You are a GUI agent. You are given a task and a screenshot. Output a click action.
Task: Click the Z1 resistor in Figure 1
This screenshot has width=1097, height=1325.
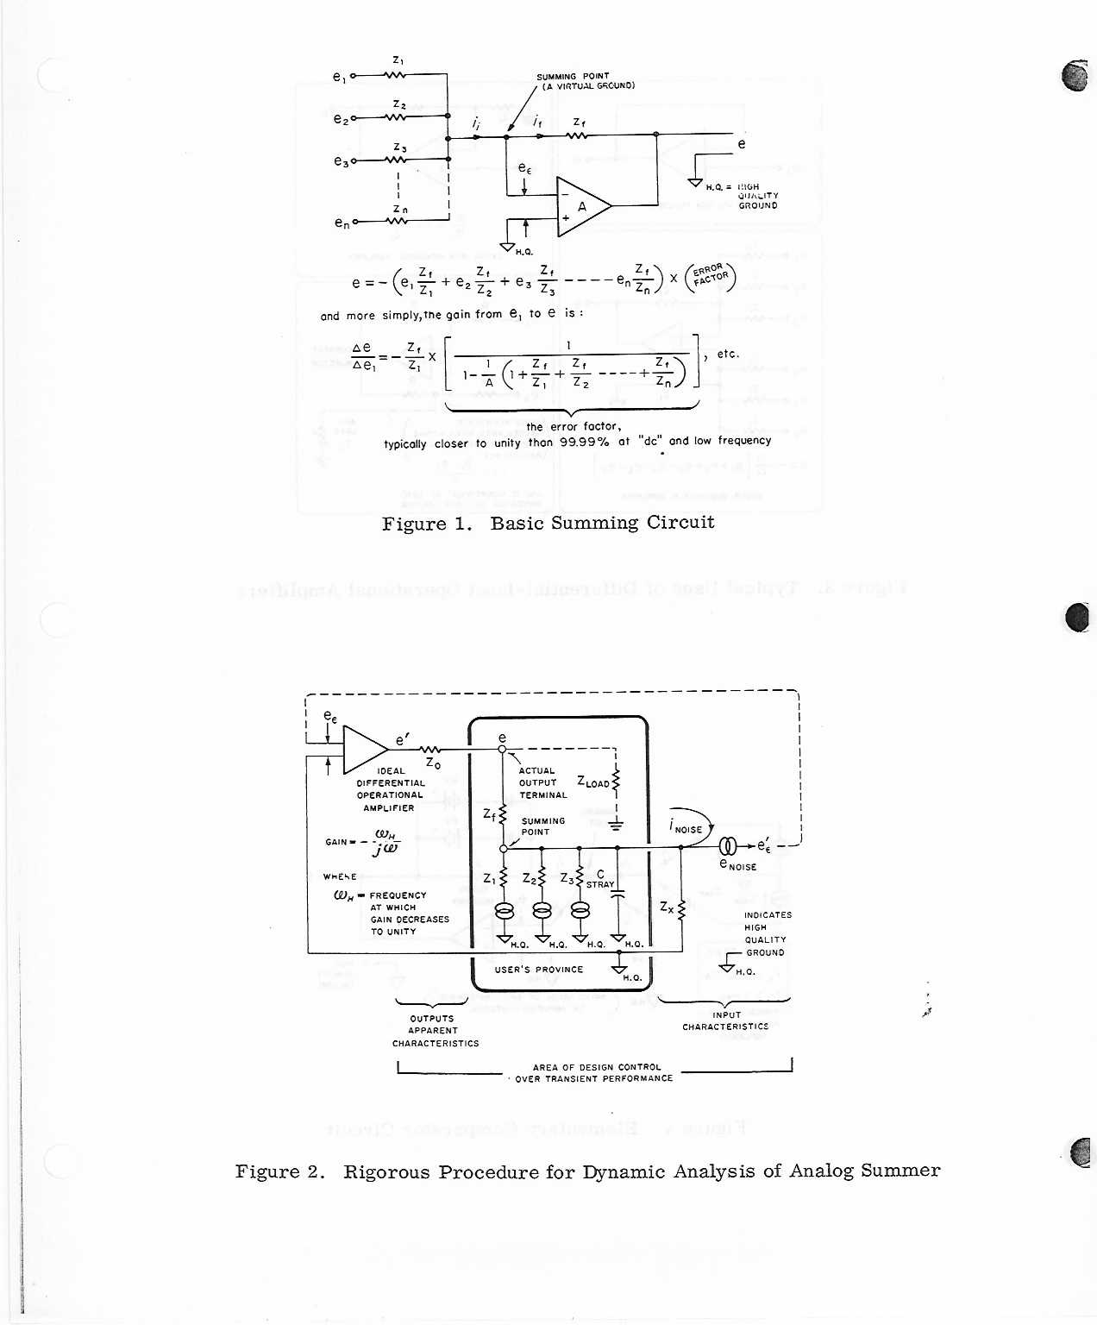tap(396, 75)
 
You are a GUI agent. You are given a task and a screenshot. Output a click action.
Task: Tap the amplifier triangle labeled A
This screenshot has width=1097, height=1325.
tap(582, 206)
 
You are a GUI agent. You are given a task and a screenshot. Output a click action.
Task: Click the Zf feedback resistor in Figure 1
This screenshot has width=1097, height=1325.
tap(578, 135)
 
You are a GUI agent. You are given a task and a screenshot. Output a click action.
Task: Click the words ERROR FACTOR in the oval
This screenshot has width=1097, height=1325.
tap(711, 276)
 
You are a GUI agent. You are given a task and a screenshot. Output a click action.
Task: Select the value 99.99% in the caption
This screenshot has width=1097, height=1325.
tap(584, 441)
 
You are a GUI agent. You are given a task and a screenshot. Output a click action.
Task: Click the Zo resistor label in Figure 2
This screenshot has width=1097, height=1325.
tap(433, 763)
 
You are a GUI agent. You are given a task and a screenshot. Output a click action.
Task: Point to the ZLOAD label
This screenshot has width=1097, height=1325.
tap(593, 782)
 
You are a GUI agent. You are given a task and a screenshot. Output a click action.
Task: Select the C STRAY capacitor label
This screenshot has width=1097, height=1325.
tap(600, 879)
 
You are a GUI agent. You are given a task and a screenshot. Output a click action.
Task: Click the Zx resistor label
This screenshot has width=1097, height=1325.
tap(667, 907)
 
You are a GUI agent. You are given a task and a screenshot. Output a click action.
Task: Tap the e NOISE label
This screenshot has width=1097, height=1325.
tap(738, 864)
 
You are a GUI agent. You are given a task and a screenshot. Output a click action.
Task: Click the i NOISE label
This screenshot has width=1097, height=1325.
tap(686, 827)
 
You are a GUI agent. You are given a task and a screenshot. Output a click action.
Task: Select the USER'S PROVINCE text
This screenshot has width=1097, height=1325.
tap(539, 970)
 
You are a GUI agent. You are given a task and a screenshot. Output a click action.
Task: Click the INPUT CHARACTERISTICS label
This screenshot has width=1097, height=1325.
tap(725, 1021)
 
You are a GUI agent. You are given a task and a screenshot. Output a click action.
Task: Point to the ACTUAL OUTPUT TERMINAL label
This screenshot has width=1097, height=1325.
tap(542, 782)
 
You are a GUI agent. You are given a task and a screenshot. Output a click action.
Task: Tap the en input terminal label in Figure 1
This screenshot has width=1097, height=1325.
tap(342, 223)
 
